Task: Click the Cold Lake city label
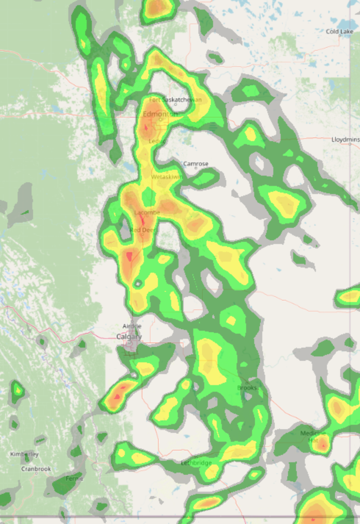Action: [339, 32]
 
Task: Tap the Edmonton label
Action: [160, 114]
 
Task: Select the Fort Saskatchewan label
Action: [175, 100]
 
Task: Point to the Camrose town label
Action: [195, 164]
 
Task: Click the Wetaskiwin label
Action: [167, 177]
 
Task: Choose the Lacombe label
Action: [147, 212]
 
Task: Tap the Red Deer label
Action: [143, 230]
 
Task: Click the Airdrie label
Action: [132, 326]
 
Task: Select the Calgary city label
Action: [129, 337]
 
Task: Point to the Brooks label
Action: [246, 388]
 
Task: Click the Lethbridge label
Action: [196, 463]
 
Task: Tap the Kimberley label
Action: [24, 454]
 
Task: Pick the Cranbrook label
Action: [36, 469]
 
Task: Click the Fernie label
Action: [74, 478]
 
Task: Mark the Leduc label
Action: [157, 141]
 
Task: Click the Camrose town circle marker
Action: [196, 168]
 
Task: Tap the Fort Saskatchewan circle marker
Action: [176, 104]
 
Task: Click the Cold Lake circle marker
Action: [340, 36]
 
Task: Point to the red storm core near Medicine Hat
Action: [323, 446]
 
